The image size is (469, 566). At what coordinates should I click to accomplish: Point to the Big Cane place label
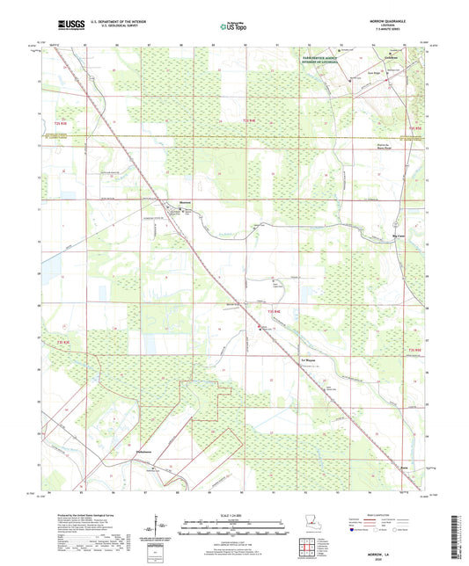click(x=398, y=236)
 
